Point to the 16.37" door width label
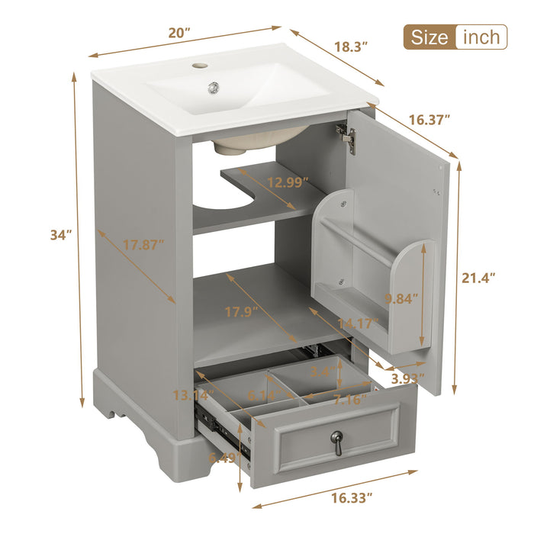tap(429, 119)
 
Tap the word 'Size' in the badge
tap(429, 37)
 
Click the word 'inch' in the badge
tap(481, 37)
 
